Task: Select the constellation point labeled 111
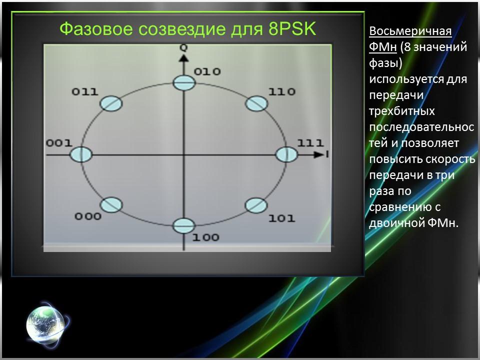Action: (286, 154)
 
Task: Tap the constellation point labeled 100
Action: (183, 226)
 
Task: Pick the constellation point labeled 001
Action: (81, 154)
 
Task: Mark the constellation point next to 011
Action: (110, 103)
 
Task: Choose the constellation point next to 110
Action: (256, 103)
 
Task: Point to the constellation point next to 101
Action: (256, 205)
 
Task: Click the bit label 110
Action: (281, 92)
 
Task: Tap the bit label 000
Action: (88, 216)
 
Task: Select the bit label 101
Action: (281, 218)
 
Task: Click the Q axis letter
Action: (184, 48)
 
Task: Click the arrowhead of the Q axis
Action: (184, 58)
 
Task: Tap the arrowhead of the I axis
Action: (318, 154)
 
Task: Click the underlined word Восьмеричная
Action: (410, 31)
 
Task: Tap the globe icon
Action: (44, 323)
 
